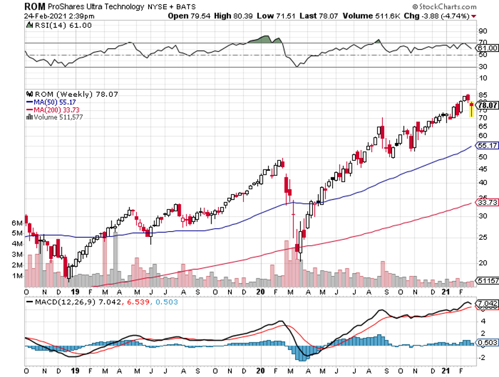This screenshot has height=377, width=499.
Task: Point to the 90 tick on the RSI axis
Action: coord(482,31)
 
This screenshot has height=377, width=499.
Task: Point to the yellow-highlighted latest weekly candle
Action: coord(472,110)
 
